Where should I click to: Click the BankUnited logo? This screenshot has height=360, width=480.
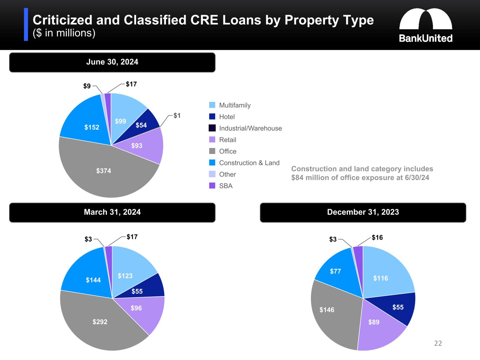[x=425, y=25]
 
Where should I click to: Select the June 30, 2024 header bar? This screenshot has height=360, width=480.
[x=112, y=62]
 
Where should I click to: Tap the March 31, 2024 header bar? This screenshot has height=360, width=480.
[x=112, y=212]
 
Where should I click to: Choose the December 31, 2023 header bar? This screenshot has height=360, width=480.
[x=363, y=212]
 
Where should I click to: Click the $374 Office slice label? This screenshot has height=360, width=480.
[x=103, y=171]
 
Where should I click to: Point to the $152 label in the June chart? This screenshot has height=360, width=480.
[x=92, y=127]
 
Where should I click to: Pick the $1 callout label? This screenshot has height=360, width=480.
[x=177, y=116]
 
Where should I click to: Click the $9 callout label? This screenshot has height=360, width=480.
[x=87, y=86]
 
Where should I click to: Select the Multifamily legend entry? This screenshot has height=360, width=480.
[x=235, y=105]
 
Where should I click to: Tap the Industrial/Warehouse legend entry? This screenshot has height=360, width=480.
[x=250, y=128]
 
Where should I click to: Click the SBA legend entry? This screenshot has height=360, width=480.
[x=225, y=186]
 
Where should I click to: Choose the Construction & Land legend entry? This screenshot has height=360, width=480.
[x=249, y=163]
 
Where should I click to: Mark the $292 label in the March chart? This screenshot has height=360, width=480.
[x=100, y=322]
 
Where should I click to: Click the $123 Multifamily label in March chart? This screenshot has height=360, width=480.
[x=125, y=276]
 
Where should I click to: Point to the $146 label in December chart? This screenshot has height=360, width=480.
[x=327, y=310]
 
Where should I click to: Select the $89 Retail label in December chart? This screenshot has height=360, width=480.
[x=374, y=322]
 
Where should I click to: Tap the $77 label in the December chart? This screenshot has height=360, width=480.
[x=335, y=271]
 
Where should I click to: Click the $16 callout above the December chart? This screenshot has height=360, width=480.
[x=377, y=238]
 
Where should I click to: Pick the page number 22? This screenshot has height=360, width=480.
[x=438, y=343]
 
